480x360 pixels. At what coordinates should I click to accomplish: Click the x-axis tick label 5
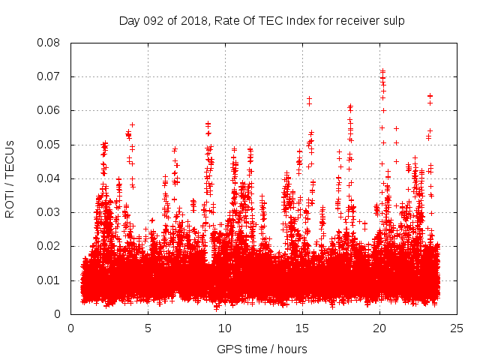(148, 328)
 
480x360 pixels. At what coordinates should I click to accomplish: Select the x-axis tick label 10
(226, 328)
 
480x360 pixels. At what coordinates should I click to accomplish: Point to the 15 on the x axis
(303, 328)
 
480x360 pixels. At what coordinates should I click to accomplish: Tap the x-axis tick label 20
(380, 328)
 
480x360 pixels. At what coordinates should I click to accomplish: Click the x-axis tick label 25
(457, 328)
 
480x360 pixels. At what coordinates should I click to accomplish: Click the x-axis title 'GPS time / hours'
(262, 349)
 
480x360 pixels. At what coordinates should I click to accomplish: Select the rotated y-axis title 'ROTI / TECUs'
(10, 178)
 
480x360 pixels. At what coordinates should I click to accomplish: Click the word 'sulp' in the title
(394, 20)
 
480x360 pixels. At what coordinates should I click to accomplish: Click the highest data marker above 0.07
(382, 70)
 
